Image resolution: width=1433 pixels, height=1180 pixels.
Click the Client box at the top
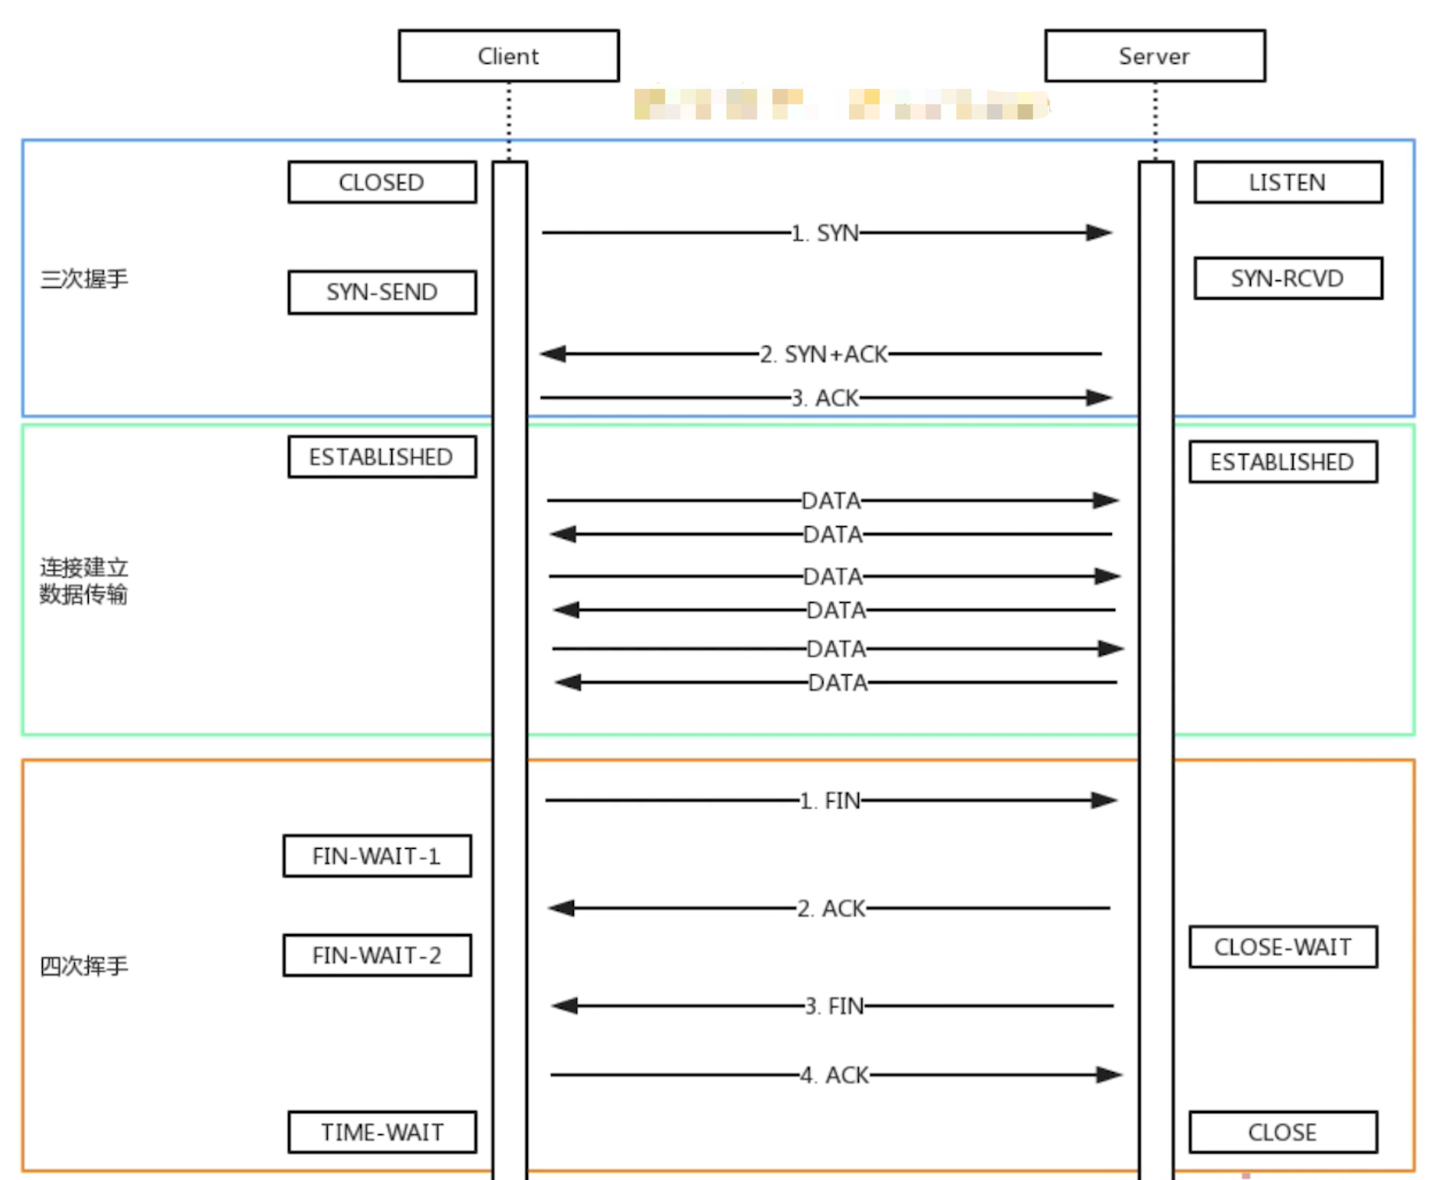509,56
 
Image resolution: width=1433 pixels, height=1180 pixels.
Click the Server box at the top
1155,56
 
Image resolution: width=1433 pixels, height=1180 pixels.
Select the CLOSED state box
382,182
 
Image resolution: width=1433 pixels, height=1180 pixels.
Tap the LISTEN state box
1287,182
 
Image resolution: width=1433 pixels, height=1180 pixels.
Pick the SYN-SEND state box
382,292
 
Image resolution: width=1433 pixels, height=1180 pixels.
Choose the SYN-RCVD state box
1287,278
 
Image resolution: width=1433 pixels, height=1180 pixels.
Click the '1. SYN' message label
825,233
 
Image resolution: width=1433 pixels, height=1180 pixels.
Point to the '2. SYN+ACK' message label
824,354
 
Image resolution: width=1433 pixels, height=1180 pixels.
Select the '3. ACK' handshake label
825,398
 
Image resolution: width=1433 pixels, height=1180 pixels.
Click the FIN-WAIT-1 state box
377,856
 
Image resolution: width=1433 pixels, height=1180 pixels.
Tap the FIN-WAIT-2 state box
377,955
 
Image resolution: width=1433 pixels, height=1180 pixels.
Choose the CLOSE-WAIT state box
1283,947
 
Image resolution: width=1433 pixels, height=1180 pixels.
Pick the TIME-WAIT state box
382,1132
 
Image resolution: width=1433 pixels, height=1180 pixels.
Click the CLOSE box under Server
1283,1132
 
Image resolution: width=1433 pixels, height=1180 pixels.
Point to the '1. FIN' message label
831,801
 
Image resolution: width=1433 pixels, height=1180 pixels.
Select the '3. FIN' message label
835,1006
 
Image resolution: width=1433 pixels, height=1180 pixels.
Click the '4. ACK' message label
835,1075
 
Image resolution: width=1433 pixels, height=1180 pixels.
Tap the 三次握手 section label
84,279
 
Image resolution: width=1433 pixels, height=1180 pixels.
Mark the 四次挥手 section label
84,966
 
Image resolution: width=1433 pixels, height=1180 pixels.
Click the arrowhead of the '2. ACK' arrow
562,908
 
